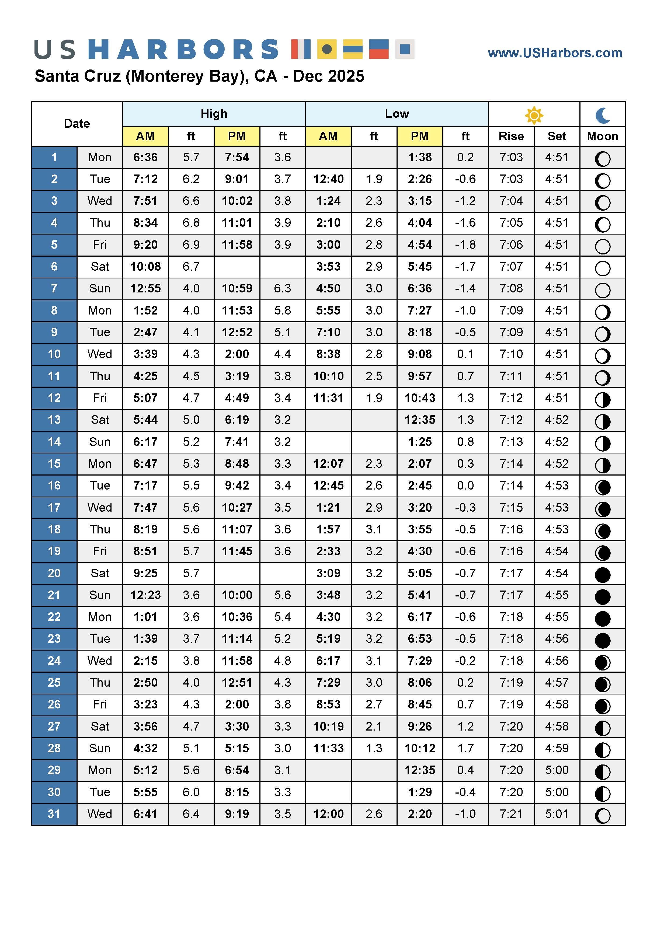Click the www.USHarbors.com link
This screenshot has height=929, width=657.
(x=555, y=53)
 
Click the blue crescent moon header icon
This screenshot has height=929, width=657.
(x=602, y=115)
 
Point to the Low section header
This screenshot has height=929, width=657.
(x=397, y=114)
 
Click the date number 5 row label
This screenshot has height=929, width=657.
(x=54, y=245)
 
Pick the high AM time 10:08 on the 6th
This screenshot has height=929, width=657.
(x=145, y=267)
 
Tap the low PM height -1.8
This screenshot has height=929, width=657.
(x=465, y=245)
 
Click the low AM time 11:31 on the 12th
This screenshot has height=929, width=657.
(x=328, y=398)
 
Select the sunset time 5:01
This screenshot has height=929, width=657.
(x=557, y=814)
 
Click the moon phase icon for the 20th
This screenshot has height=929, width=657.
(x=602, y=575)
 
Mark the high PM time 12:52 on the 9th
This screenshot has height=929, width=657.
(x=237, y=333)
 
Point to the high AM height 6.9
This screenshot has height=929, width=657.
(x=191, y=245)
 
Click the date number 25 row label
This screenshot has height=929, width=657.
(x=54, y=683)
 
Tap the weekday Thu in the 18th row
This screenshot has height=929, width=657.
(x=100, y=530)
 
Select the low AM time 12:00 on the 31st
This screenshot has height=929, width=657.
(x=328, y=814)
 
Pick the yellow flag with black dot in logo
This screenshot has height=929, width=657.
(x=327, y=49)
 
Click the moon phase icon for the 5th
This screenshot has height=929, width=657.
(x=602, y=246)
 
